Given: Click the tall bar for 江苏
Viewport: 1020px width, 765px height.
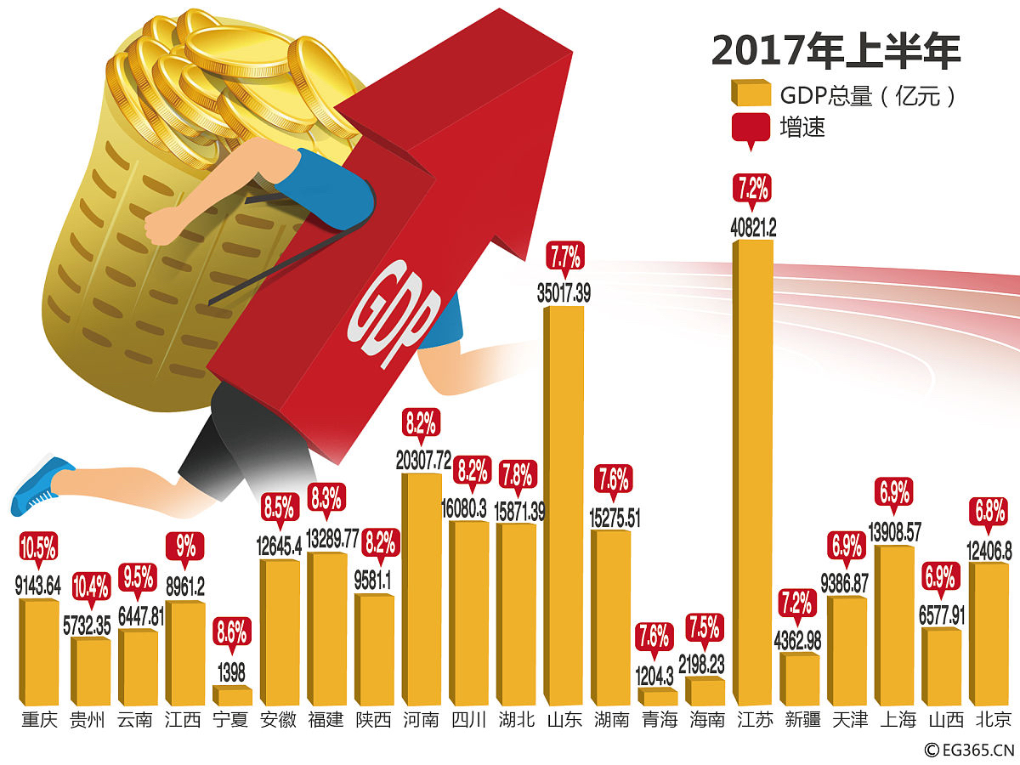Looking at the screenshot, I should pos(753,472).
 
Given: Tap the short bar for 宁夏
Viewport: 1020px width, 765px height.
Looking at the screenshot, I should pos(232,695).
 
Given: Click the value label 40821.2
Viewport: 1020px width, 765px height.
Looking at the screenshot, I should pos(753,227).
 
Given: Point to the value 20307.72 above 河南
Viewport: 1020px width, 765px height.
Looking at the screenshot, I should pos(422,460).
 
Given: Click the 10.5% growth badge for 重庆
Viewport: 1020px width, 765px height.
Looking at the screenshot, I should pos(38,547).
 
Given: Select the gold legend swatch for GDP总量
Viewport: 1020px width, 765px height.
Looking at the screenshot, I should pos(750,93).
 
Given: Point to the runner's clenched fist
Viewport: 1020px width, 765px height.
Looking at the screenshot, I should pos(159,226).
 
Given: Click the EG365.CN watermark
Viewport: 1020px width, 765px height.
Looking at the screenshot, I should pos(970,750).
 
